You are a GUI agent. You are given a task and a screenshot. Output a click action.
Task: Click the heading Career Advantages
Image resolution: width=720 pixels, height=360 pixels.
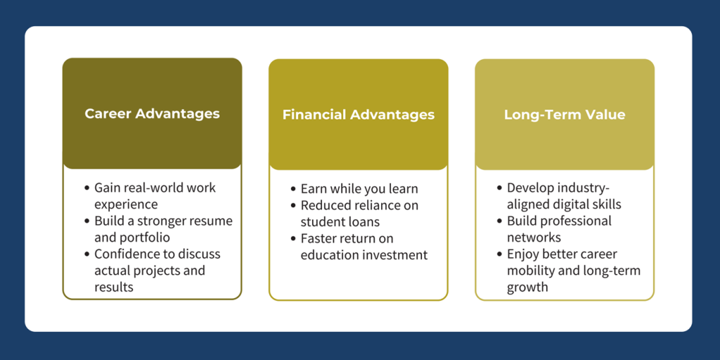[152, 113]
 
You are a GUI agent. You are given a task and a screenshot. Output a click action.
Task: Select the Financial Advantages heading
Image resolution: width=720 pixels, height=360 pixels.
[358, 115]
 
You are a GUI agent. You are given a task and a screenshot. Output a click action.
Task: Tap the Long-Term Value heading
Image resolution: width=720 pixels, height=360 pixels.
[565, 115]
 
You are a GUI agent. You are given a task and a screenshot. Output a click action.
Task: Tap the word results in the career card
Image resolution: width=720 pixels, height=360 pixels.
[114, 287]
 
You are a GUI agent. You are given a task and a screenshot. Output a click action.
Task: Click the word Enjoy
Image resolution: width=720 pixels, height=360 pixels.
[521, 254]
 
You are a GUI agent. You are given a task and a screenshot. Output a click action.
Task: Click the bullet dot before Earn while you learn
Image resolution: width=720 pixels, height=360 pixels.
[293, 189]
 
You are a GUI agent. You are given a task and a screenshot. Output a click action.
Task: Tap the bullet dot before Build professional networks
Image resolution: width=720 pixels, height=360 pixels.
[500, 221]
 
